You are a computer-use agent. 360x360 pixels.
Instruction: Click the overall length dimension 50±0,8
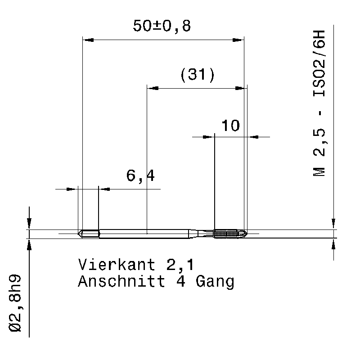[x=162, y=26]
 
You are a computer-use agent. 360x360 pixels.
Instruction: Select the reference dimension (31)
[x=198, y=75]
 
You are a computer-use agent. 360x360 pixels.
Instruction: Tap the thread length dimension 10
[x=230, y=126]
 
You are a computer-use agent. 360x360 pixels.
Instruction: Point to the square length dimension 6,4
[x=140, y=176]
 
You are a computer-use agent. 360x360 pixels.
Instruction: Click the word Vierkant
[x=117, y=265]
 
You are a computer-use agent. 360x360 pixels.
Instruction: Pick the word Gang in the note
[x=215, y=282]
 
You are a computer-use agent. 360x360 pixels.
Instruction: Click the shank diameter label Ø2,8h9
[x=15, y=303]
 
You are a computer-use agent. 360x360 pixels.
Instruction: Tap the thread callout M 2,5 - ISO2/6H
[x=319, y=103]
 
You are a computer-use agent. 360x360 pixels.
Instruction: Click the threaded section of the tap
[x=225, y=234]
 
